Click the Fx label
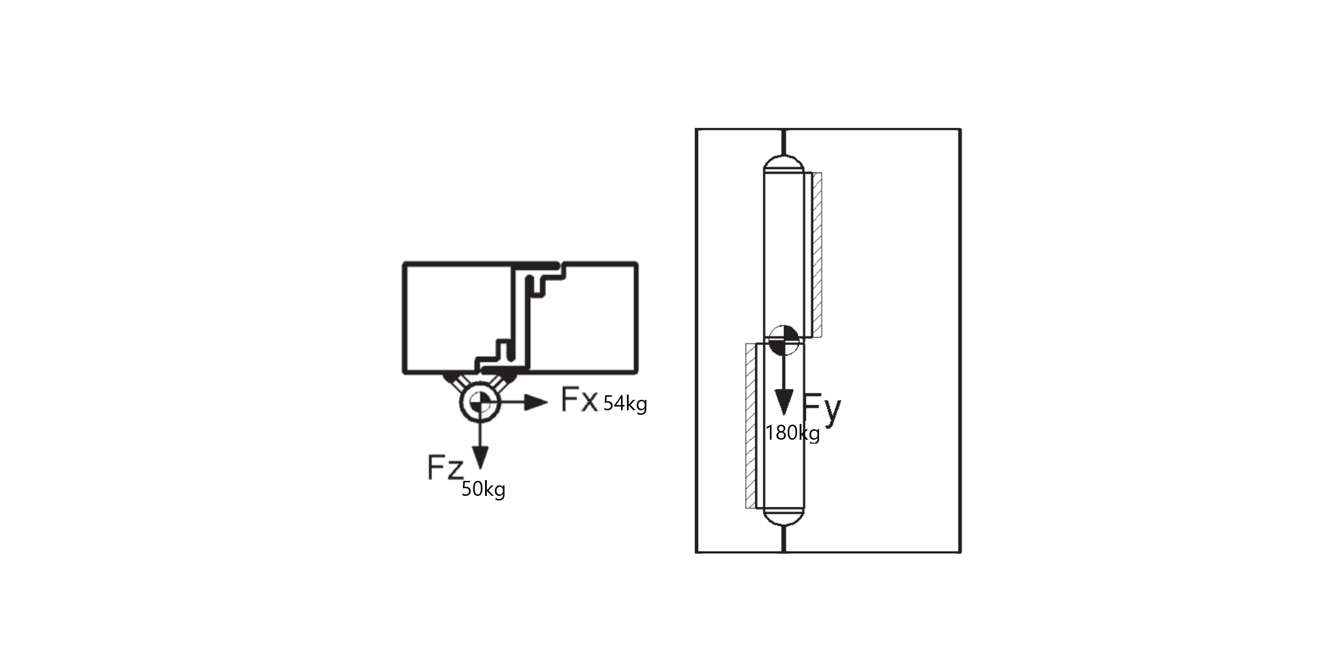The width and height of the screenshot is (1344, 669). (579, 400)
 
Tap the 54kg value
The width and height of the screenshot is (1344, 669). (625, 404)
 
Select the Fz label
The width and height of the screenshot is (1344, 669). (445, 467)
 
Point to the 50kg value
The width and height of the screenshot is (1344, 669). (483, 489)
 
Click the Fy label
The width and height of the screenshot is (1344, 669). (822, 409)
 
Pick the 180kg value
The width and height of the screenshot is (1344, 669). (792, 432)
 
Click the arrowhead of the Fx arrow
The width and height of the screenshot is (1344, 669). (536, 402)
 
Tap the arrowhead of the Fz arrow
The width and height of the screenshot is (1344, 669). (480, 457)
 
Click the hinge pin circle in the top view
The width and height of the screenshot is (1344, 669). (480, 403)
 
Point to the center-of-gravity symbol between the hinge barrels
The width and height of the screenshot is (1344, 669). (783, 340)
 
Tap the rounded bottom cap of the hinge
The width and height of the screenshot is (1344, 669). (784, 517)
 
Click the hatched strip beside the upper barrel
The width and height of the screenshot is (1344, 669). (817, 255)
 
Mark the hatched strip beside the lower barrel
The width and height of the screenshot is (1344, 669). (750, 426)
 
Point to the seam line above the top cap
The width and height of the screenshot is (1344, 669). (784, 142)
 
